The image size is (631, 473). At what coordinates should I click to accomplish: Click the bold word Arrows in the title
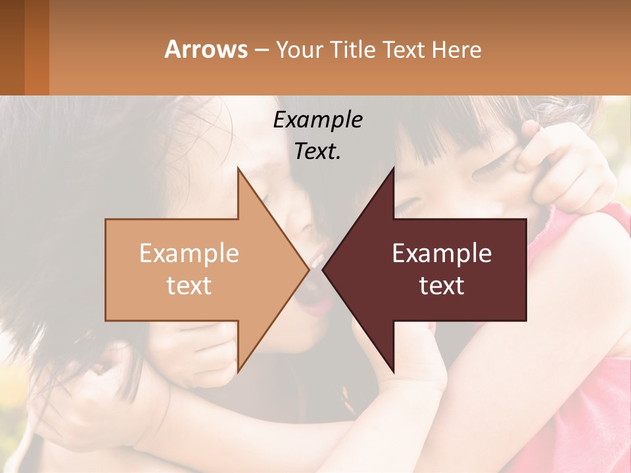[x=206, y=49]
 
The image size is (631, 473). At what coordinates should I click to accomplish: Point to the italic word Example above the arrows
[x=317, y=120]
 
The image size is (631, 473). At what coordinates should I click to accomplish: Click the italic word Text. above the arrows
[x=317, y=152]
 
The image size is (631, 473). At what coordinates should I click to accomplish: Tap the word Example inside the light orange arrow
[x=189, y=253]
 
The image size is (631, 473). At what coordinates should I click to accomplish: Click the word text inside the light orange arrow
[x=189, y=286]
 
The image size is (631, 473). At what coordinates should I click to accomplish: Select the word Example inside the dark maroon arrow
[x=442, y=253]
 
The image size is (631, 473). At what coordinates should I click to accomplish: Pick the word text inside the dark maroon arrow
[x=442, y=286]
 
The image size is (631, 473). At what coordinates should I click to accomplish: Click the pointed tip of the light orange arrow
[x=308, y=269]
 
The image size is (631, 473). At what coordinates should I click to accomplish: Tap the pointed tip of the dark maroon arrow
[x=323, y=269]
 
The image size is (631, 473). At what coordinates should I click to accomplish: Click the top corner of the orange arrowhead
[x=238, y=169]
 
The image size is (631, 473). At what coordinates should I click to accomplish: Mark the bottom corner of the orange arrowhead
[x=238, y=371]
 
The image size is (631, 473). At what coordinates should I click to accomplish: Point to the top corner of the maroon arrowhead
[x=394, y=169]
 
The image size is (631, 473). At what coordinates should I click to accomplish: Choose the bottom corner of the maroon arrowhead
[x=394, y=371]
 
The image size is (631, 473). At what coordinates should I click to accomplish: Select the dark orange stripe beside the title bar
[x=36, y=47]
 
